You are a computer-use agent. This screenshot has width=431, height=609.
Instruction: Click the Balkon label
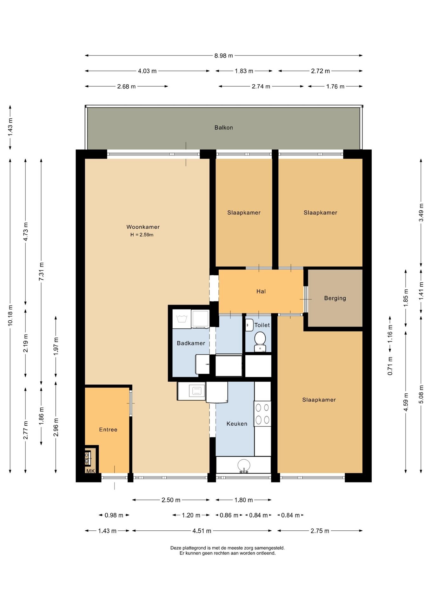coord(223,128)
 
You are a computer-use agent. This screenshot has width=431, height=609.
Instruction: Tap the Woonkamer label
coord(143,227)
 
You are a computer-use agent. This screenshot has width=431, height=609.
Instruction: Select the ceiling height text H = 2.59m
coord(142,235)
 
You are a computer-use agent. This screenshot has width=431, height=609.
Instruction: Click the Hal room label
coord(261,291)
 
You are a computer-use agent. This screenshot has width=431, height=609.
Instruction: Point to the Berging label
coord(335,298)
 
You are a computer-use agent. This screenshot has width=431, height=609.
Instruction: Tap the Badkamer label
coord(191,343)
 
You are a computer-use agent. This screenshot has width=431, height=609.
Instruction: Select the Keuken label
coord(237,424)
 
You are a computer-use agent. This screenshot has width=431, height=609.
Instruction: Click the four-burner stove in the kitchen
coord(262,414)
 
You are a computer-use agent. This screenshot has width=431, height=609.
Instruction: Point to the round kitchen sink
coord(244,466)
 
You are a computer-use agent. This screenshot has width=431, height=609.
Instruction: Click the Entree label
coord(108,429)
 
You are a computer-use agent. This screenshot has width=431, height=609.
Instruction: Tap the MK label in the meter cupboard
coord(90,471)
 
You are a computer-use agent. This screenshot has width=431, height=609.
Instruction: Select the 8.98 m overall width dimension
coord(223,56)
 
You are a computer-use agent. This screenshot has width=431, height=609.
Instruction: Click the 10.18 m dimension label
coord(10,315)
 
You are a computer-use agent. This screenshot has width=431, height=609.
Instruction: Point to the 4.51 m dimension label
coord(202,531)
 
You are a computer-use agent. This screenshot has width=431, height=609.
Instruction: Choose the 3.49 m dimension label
coord(421,213)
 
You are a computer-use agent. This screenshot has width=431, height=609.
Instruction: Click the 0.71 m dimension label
coord(390,366)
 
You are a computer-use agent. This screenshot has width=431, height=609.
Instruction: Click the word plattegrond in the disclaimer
coord(193,548)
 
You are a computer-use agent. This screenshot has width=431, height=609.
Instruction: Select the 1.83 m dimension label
coord(244,71)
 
